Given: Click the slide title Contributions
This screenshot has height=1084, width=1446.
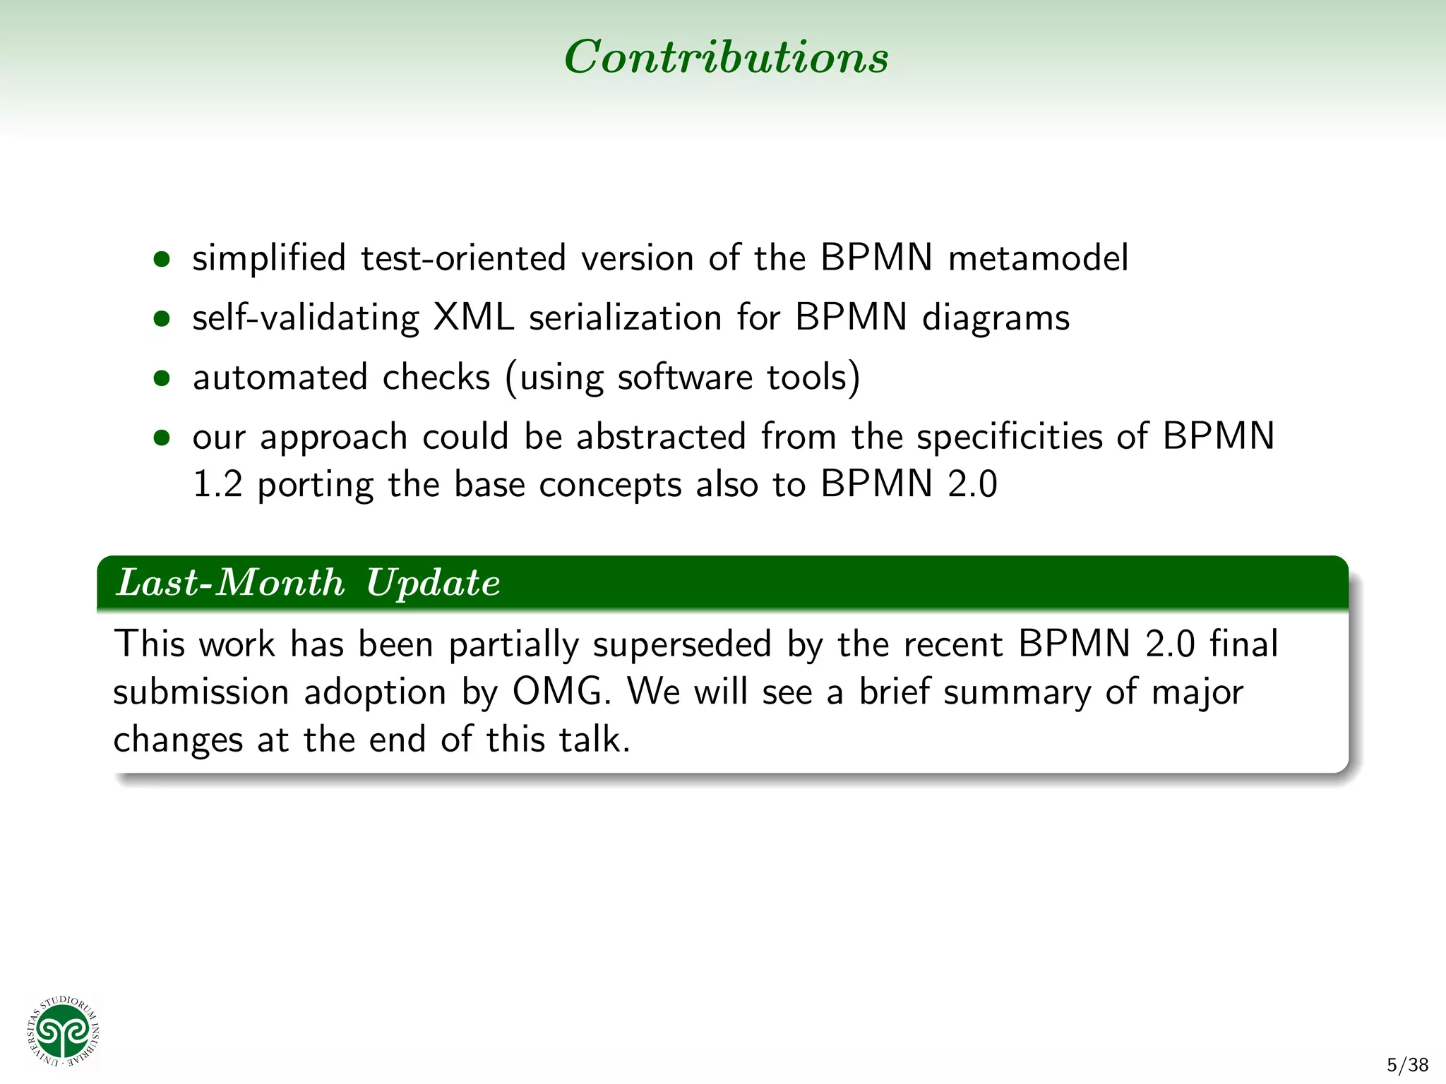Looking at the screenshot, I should pos(726,56).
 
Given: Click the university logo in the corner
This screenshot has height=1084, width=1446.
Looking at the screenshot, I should pos(64,1032).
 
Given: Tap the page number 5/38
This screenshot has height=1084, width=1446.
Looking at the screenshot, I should pos(1407,1065).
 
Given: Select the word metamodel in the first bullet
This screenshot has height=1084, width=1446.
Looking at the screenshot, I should pos(1038,258).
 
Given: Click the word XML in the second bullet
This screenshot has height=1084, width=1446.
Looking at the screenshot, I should pos(473,318).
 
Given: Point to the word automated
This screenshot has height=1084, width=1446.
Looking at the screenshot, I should pos(280,378).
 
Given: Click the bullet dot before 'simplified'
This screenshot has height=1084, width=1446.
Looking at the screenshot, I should pos(162,259).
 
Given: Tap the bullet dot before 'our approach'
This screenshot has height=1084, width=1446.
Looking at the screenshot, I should pos(162,438).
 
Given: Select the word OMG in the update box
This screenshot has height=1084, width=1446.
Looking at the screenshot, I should pos(560,692).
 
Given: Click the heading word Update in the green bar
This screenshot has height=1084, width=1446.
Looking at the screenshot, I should pos(433,584).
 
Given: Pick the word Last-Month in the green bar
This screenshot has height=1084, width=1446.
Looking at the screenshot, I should pos(230,584).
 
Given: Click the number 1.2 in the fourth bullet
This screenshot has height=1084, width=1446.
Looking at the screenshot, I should pos(217,485).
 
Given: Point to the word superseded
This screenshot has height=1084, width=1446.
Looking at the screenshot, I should pos(681,644).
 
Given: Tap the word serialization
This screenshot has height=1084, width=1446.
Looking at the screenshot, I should pos(625,318).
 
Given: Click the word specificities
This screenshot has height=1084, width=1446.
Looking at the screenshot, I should pos(1009,437).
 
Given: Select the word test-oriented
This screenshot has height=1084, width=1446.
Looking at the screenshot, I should pos(463,258).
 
